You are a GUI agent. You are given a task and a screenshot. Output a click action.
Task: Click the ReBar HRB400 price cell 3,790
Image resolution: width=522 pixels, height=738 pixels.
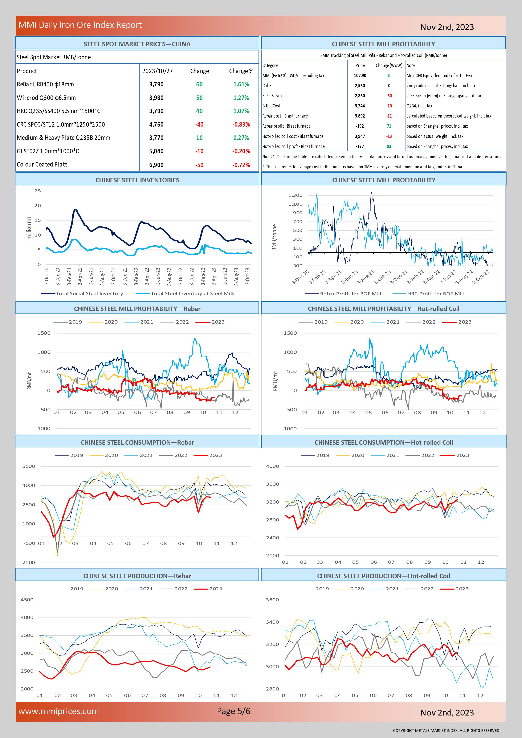(x=156, y=84)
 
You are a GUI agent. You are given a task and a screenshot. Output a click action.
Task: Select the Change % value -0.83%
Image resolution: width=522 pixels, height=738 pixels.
(x=241, y=124)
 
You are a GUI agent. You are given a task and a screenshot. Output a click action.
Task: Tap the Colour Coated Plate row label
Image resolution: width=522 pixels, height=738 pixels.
(x=42, y=164)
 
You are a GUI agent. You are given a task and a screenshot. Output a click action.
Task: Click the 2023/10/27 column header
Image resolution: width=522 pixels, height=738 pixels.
(x=158, y=71)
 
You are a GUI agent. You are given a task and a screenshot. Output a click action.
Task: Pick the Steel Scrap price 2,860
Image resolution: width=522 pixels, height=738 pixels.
(x=360, y=96)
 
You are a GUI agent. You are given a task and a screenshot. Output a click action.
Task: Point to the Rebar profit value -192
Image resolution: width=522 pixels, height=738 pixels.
(x=360, y=126)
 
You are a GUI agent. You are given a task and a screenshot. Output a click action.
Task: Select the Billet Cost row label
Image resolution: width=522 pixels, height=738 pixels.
(x=271, y=106)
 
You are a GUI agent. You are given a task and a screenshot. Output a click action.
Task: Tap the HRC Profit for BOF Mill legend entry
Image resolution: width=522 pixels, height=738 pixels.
(x=428, y=294)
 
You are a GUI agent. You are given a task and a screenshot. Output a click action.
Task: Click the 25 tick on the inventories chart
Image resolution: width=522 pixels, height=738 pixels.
(x=38, y=191)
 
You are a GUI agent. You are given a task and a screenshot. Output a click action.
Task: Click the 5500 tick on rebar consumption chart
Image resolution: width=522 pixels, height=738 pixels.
(x=29, y=466)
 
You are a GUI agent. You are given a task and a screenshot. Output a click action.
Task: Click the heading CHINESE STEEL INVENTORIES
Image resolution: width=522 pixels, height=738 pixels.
(x=137, y=180)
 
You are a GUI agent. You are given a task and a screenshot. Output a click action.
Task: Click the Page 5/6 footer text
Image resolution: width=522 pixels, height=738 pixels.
(x=234, y=711)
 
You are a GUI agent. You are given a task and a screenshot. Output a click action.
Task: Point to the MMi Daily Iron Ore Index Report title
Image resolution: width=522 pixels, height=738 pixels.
(x=80, y=25)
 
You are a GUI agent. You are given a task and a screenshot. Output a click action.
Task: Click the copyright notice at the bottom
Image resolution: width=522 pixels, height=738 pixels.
(x=446, y=730)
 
